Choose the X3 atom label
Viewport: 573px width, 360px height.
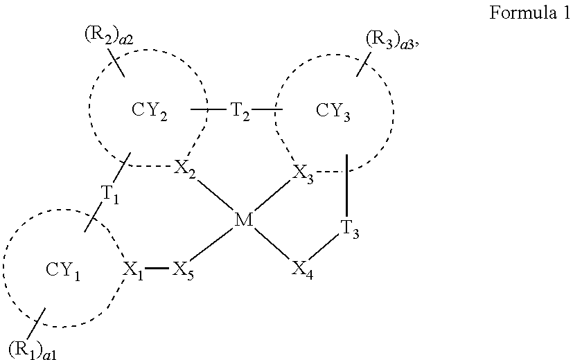click(x=302, y=172)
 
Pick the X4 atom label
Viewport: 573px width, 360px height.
click(x=301, y=269)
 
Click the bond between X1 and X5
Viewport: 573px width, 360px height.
click(x=157, y=268)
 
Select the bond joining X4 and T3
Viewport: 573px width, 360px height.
click(x=326, y=247)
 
